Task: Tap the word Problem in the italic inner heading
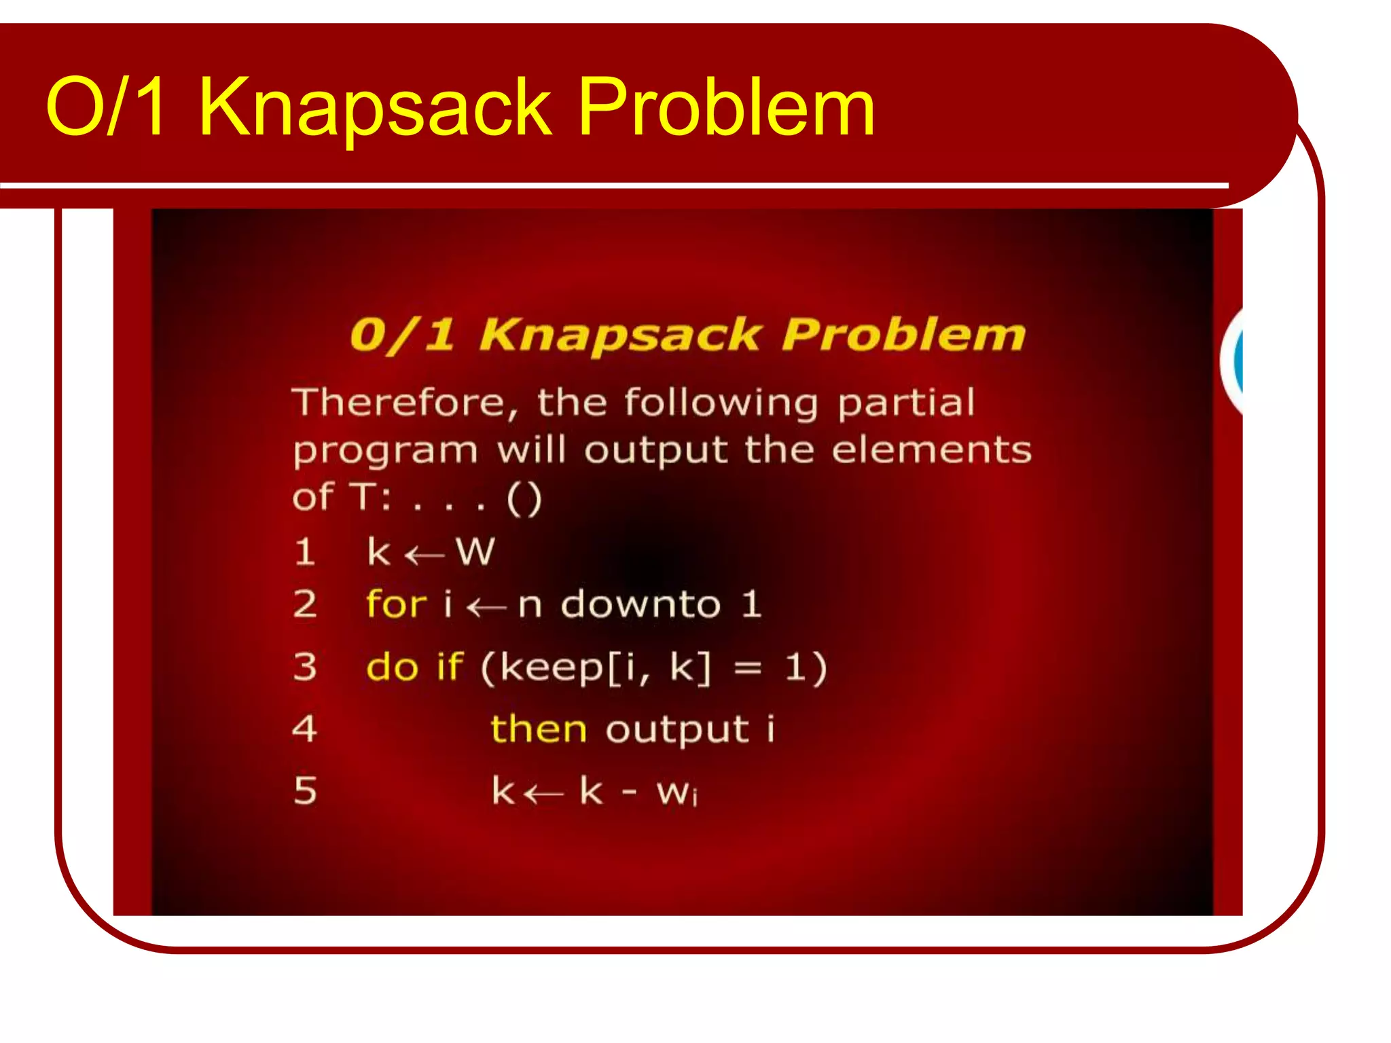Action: coord(903,335)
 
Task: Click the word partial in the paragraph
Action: coord(906,403)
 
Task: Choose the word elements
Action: coord(931,450)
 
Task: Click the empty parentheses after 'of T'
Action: coord(524,499)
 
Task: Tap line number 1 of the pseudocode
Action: coord(305,551)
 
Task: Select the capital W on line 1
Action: coord(475,551)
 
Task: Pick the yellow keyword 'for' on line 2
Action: coord(396,604)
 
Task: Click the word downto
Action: coord(640,604)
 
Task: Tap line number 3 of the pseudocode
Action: coord(305,667)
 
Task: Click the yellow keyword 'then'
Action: coord(538,729)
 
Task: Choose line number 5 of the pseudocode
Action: coord(305,791)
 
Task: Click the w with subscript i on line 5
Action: coord(676,792)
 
